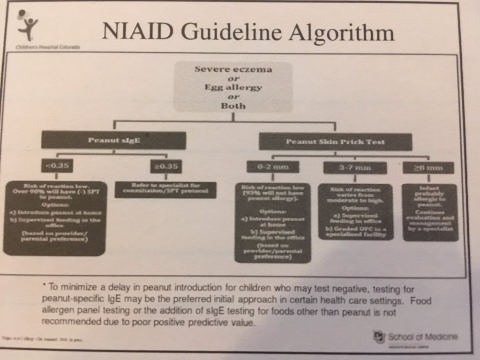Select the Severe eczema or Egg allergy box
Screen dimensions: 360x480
(233, 87)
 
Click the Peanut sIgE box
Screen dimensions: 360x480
(113, 140)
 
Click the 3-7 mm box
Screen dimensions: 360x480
(355, 167)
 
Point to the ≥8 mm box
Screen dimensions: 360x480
(427, 167)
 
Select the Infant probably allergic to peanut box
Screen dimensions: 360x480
(429, 212)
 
